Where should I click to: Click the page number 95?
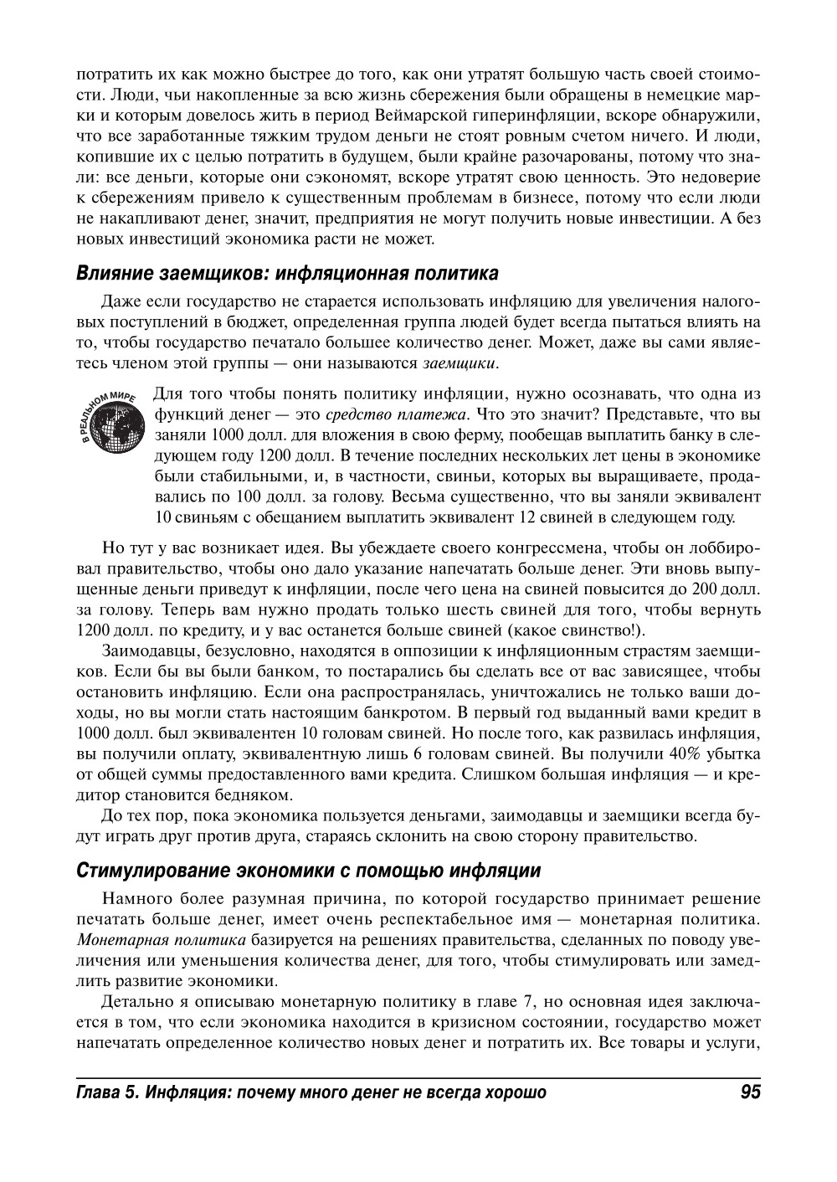750,1092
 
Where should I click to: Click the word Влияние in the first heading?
110,274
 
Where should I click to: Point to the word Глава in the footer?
98,1092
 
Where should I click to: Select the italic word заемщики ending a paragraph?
460,363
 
